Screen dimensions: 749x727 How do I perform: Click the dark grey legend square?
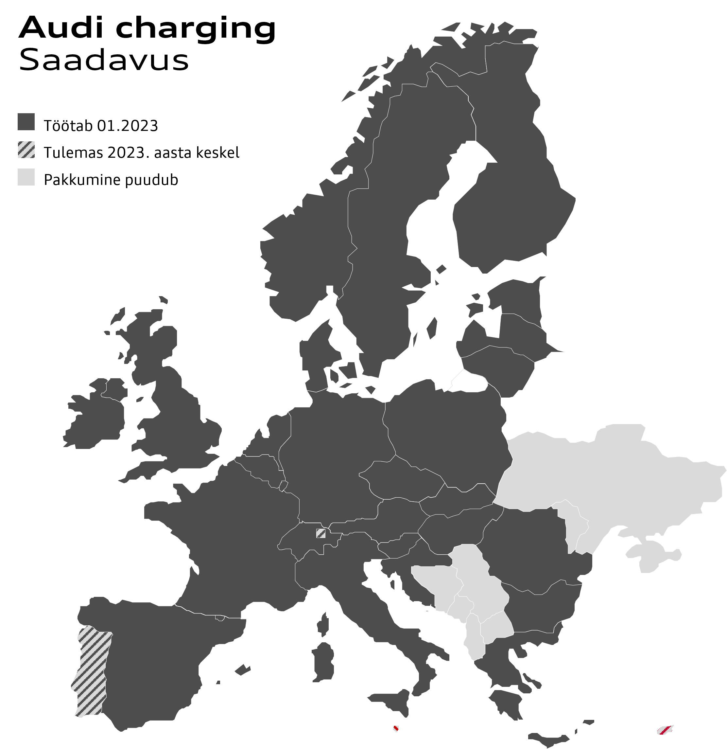26,121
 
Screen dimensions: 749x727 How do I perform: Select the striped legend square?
26,150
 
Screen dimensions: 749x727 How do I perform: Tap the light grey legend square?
26,177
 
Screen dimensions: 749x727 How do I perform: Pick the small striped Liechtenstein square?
320,533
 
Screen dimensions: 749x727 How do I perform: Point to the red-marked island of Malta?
396,729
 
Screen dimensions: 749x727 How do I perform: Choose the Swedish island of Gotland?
432,329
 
